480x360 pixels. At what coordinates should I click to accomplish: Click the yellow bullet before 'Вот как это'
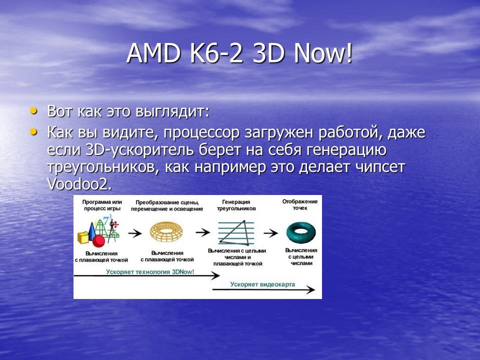tap(33, 109)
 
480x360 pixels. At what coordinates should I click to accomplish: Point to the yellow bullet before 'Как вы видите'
tap(33, 132)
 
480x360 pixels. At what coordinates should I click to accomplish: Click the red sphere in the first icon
tap(99, 241)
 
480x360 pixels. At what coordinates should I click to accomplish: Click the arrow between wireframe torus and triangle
tap(202, 232)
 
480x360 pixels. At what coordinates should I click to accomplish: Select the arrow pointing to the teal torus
tap(270, 232)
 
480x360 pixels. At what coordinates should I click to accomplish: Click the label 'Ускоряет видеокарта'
tap(262, 284)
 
